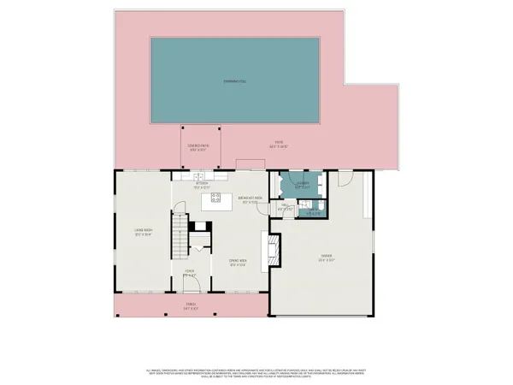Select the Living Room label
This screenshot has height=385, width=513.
click(142, 232)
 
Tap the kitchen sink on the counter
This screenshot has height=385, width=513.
click(203, 176)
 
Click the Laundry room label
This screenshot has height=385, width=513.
click(302, 184)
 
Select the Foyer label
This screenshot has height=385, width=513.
click(189, 275)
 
